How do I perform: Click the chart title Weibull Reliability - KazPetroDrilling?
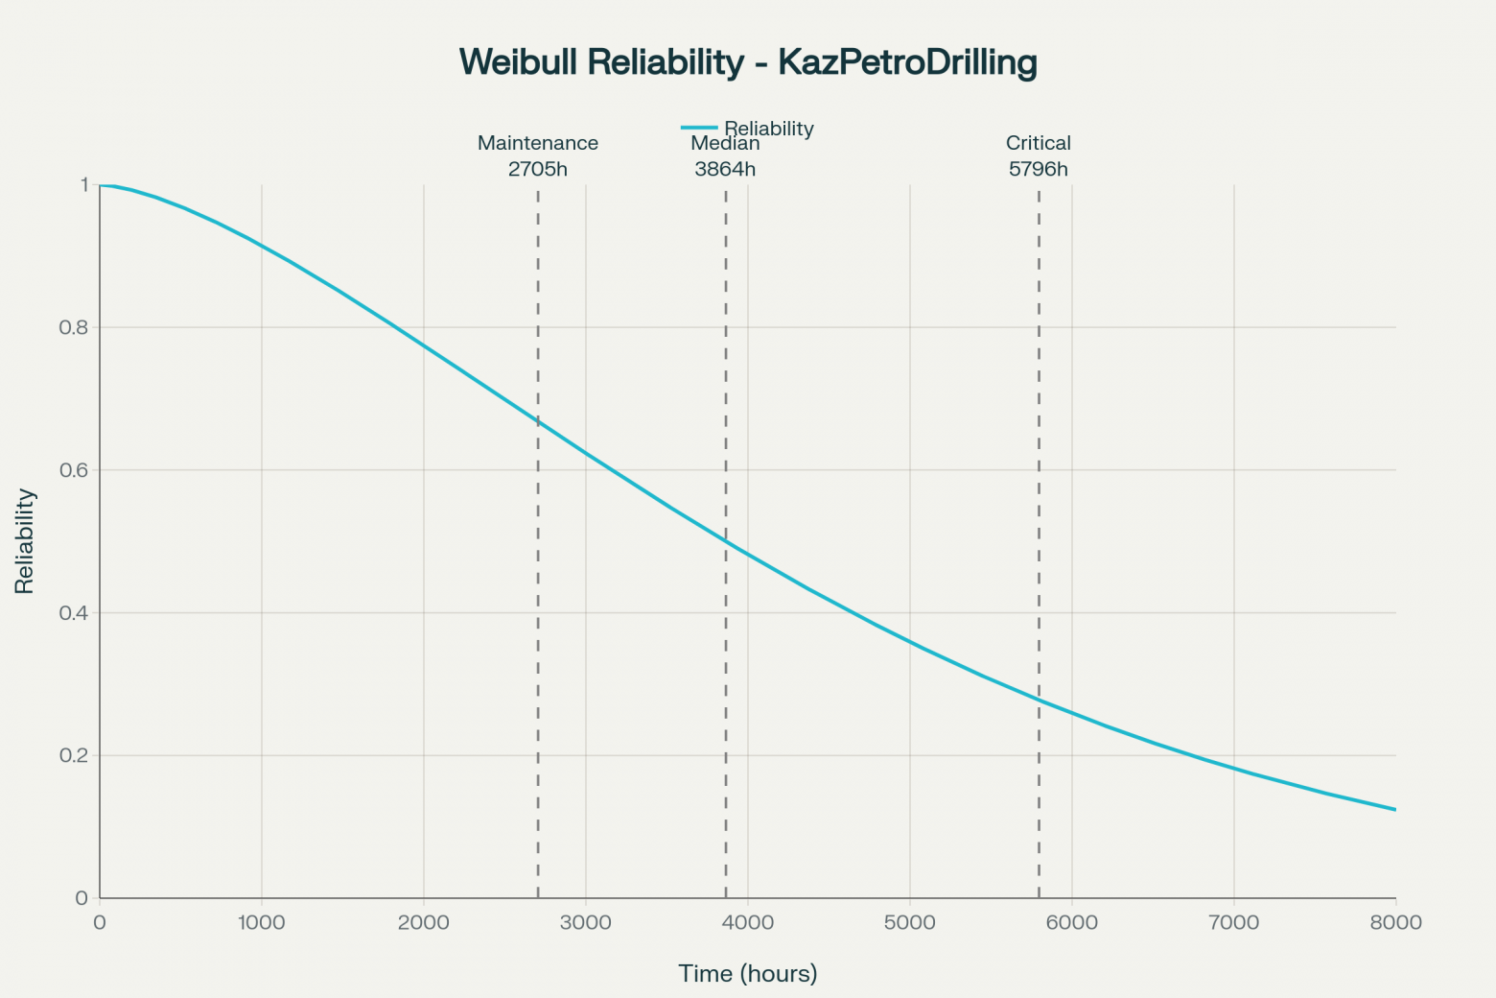coord(748,62)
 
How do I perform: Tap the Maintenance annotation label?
coord(538,143)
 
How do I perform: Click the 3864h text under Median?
coord(725,170)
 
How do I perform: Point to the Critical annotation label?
coord(1038,143)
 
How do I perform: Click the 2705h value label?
coord(538,170)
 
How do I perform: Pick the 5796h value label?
coord(1038,170)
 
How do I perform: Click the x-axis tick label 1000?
coord(262,923)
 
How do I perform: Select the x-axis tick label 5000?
coord(909,923)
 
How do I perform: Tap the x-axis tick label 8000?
coord(1395,923)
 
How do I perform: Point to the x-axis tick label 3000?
coord(586,923)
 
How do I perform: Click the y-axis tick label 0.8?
coord(74,327)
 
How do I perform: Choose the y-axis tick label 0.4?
coord(74,613)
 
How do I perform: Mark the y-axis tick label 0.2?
coord(74,756)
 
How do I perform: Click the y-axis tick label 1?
coord(84,184)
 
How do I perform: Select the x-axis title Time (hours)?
coord(748,974)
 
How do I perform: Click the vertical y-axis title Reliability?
coord(25,541)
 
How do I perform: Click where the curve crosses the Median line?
coord(726,542)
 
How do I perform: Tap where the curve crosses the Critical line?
coord(1039,700)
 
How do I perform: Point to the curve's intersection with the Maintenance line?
coord(538,422)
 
